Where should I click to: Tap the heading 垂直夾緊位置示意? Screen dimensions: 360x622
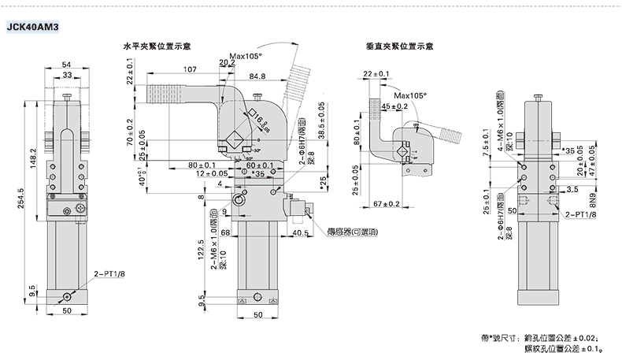coord(400,46)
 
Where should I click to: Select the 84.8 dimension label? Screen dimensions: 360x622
coord(257,76)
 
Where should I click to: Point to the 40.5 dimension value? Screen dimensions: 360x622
coord(299,233)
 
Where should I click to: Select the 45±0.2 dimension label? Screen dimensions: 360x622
coord(394,106)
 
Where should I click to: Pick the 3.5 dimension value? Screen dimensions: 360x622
coord(572,190)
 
